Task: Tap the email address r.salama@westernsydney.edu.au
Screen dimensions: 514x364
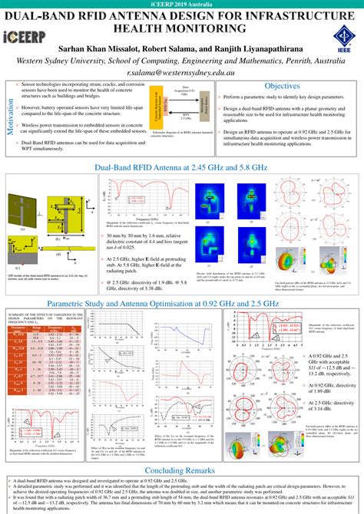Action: point(182,69)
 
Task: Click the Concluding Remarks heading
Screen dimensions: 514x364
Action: point(181,448)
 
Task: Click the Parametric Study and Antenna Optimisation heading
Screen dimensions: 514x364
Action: point(181,305)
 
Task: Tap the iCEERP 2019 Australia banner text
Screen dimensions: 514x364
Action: point(181,5)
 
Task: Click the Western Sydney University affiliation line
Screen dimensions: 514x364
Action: point(181,57)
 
